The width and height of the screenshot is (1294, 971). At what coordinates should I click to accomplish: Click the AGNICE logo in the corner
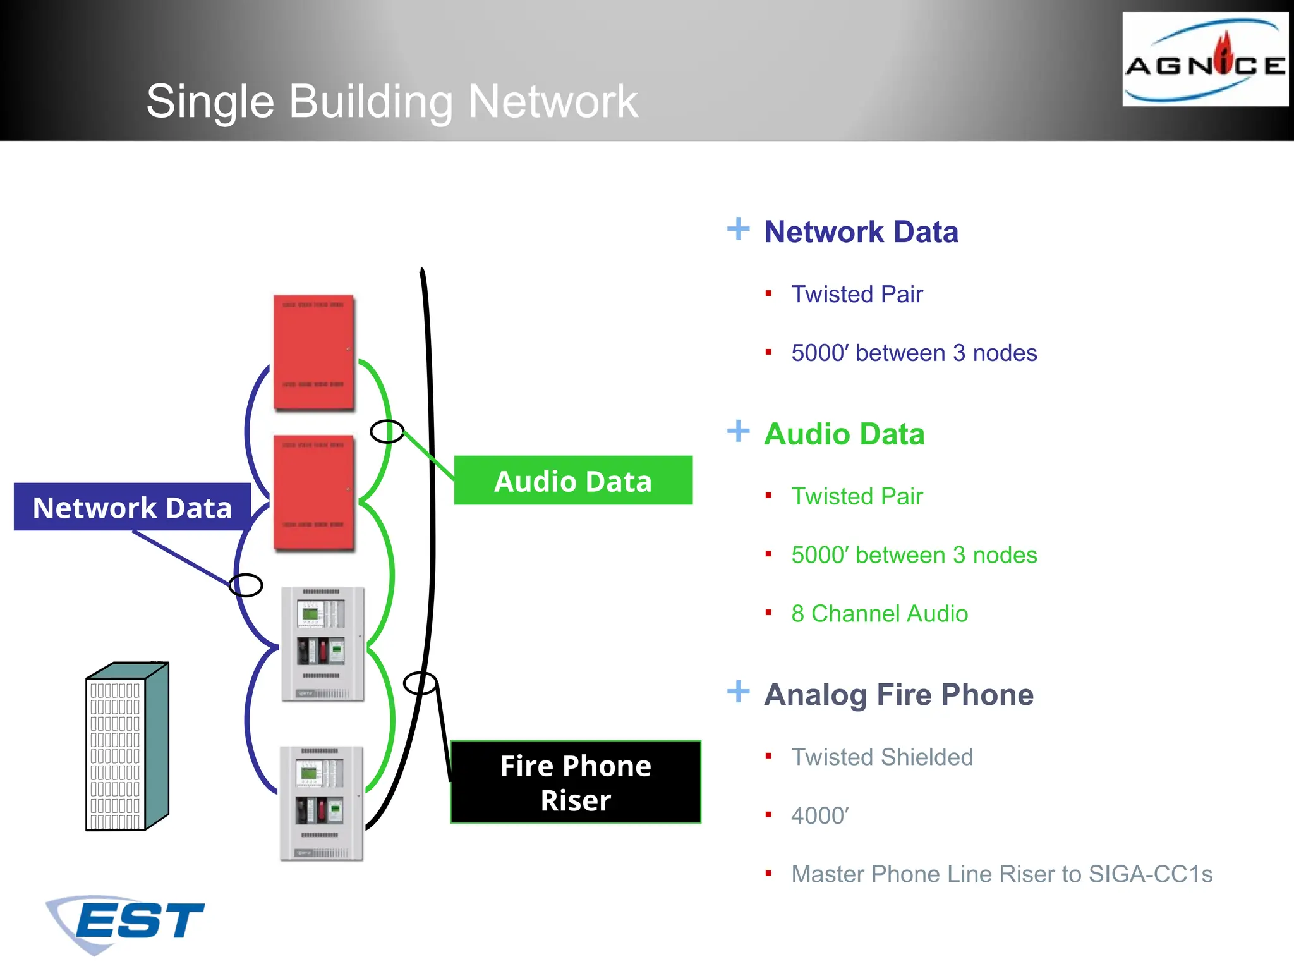(1205, 60)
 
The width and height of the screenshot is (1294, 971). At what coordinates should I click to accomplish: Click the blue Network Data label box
(132, 507)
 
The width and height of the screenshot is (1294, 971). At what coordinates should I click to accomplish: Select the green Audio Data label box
(573, 480)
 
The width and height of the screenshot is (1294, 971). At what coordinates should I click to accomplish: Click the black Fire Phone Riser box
(576, 782)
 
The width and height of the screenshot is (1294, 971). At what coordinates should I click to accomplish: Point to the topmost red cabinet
(313, 352)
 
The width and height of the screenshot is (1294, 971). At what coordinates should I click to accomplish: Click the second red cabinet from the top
(313, 492)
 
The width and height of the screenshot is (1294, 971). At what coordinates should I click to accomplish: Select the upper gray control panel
(322, 644)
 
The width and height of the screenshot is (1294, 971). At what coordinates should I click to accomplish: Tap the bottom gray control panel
(321, 803)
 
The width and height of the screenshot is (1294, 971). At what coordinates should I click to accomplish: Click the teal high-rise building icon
(127, 746)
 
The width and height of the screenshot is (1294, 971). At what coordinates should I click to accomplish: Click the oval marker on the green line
(387, 432)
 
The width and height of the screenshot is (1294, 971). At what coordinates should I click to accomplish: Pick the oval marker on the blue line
(246, 585)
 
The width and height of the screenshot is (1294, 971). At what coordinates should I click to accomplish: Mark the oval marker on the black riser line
(420, 683)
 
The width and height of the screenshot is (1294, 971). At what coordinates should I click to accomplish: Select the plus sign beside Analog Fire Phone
(738, 692)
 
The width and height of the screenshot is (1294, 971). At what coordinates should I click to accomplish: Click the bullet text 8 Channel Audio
(879, 613)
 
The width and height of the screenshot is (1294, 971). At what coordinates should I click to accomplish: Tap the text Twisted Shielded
(882, 757)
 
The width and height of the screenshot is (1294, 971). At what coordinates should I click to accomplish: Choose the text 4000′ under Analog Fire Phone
(819, 815)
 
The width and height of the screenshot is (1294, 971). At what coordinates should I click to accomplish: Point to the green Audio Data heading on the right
(844, 434)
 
